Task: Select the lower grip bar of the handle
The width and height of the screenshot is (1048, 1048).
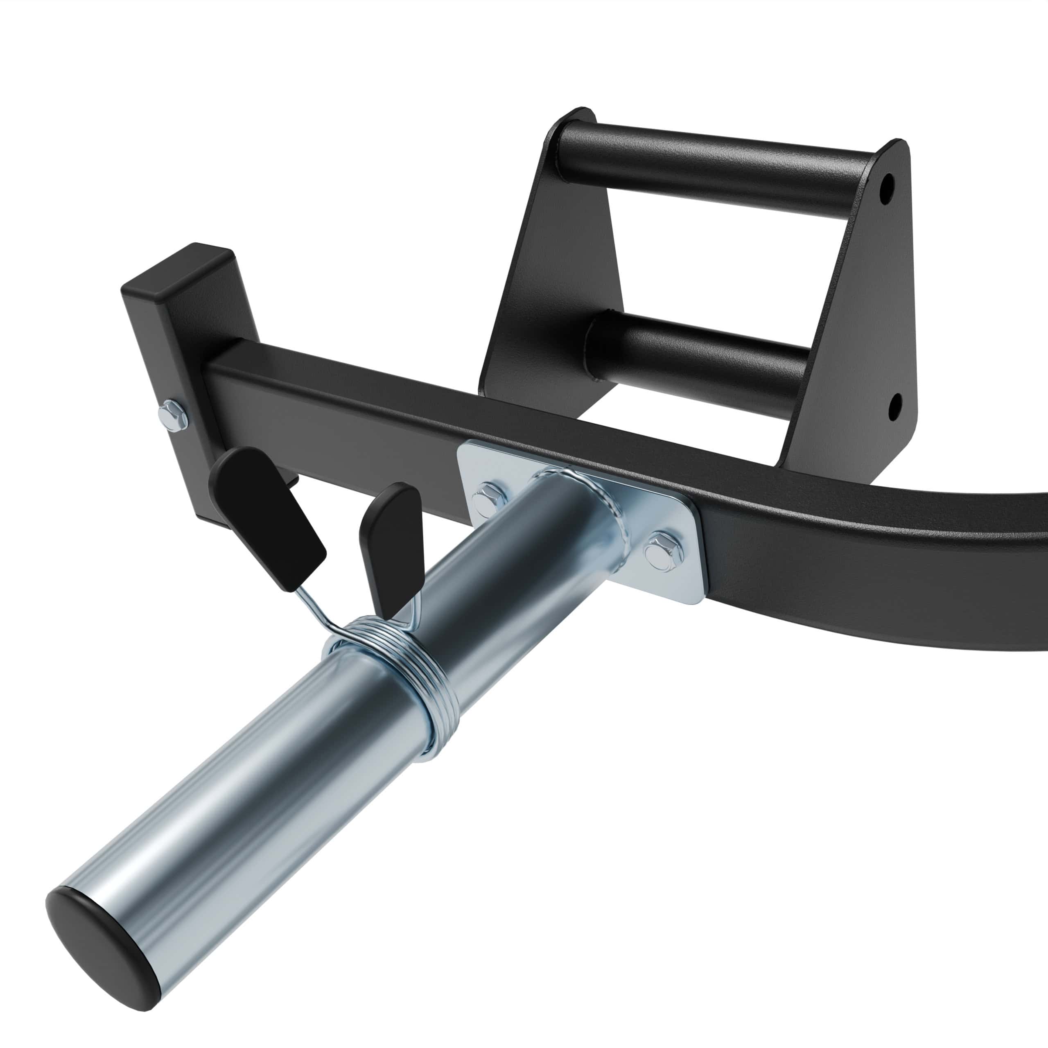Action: [700, 355]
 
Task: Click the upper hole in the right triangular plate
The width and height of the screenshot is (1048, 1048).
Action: [886, 195]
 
